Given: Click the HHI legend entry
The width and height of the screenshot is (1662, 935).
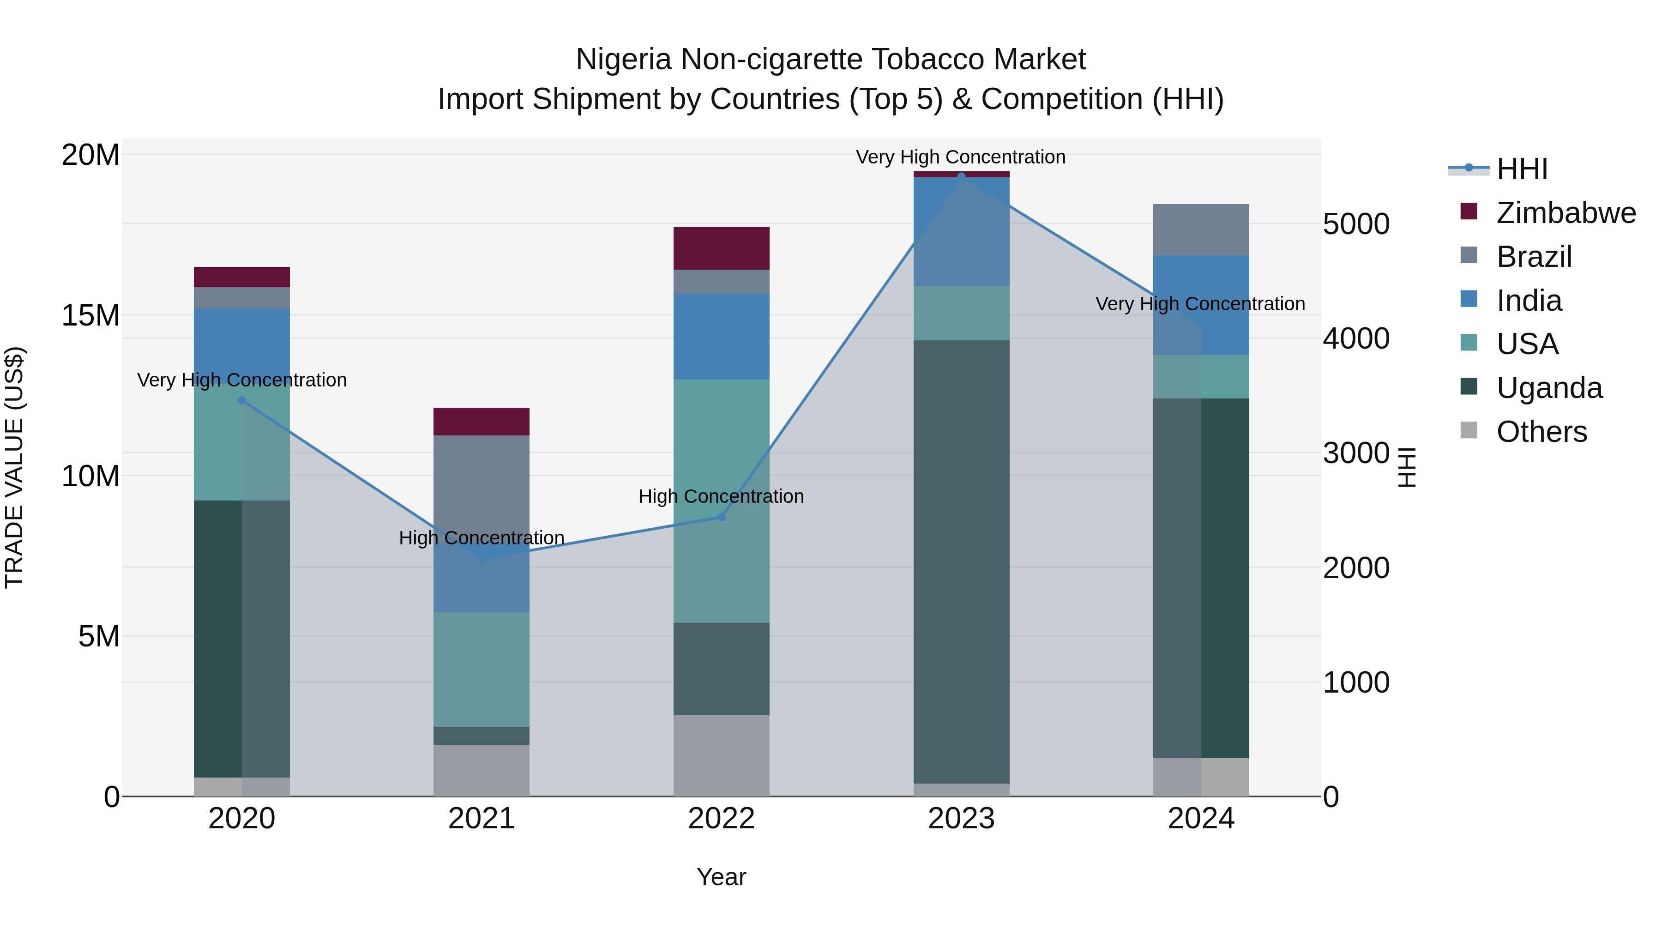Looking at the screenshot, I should (x=1521, y=169).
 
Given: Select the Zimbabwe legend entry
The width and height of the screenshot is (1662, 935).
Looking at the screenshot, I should (x=1565, y=213).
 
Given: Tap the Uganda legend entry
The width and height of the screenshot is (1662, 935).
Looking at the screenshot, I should (x=1548, y=388).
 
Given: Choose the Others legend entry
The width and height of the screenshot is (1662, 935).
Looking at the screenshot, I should (x=1541, y=432).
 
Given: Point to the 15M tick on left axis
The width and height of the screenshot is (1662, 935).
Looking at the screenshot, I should (x=90, y=315).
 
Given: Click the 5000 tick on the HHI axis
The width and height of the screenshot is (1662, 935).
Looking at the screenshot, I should (x=1355, y=224).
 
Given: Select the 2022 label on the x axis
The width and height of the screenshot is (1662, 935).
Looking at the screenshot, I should (x=721, y=819).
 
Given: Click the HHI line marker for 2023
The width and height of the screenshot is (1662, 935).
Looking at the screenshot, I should (x=961, y=177).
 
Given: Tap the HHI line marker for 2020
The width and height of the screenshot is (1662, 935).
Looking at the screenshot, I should (x=242, y=400).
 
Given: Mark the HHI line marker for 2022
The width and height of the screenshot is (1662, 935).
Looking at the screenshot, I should (x=721, y=517).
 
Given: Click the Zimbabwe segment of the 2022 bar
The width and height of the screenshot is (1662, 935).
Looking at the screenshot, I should (x=721, y=248).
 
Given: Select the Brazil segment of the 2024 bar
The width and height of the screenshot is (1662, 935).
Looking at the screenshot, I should (x=1201, y=230).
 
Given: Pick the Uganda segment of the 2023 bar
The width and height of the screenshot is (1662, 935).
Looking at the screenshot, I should (x=961, y=561).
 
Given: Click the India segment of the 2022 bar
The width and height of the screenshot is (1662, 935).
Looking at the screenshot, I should (x=721, y=336).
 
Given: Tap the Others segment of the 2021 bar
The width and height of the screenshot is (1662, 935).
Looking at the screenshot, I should (x=482, y=771).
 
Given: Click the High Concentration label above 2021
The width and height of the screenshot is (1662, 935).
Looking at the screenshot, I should (x=482, y=537).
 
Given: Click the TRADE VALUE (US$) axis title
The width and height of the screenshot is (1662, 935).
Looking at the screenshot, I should (x=14, y=467).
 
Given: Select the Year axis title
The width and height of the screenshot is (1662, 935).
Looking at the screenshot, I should (x=721, y=877).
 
